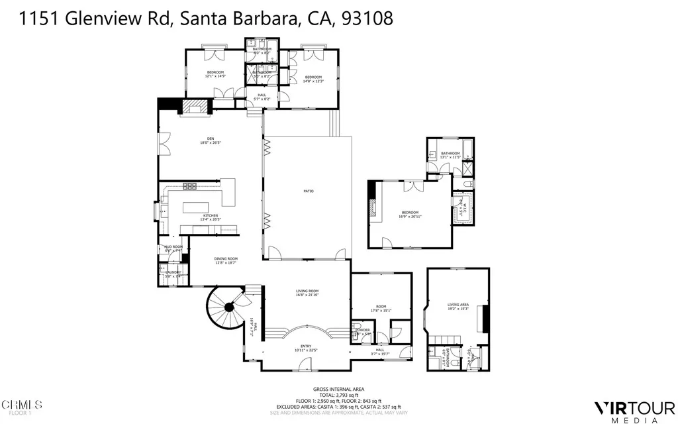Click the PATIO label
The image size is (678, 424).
pyautogui.click(x=309, y=191)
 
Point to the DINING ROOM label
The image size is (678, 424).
pyautogui.click(x=226, y=259)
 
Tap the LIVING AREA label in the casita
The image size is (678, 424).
pyautogui.click(x=458, y=305)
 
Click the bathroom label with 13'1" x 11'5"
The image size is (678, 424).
pyautogui.click(x=450, y=154)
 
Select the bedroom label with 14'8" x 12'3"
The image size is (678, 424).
pyautogui.click(x=313, y=78)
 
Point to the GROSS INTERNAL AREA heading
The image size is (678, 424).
pyautogui.click(x=338, y=389)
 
